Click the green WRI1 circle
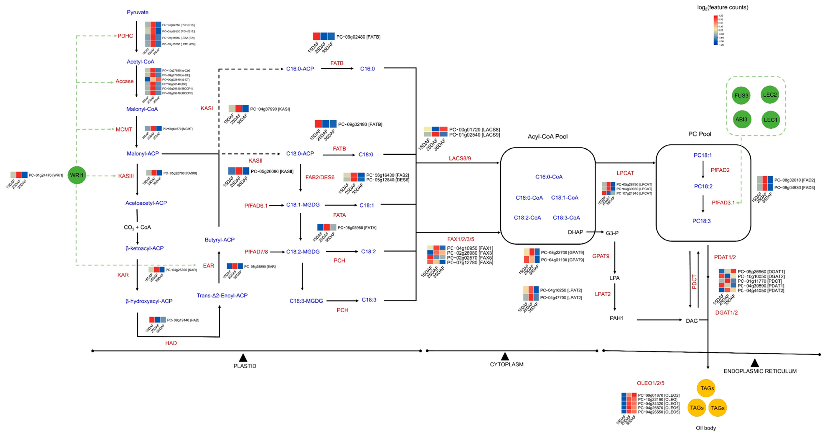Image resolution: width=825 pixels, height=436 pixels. click(77, 175)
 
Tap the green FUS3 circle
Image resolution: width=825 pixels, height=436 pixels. click(741, 95)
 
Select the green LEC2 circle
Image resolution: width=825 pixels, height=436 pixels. click(770, 95)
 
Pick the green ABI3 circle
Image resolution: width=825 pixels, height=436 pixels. click(741, 119)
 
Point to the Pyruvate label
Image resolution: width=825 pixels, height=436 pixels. click(137, 12)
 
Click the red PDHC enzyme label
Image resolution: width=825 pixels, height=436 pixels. click(125, 36)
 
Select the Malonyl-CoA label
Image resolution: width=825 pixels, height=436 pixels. click(142, 109)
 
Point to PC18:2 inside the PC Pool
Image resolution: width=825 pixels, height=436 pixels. click(703, 186)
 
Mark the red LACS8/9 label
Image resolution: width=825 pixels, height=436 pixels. click(460, 158)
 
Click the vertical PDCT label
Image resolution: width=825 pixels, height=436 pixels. click(694, 282)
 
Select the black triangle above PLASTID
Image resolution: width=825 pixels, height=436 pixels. click(243, 358)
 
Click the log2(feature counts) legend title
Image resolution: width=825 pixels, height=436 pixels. click(722, 7)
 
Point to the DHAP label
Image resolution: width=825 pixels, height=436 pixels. click(575, 232)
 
